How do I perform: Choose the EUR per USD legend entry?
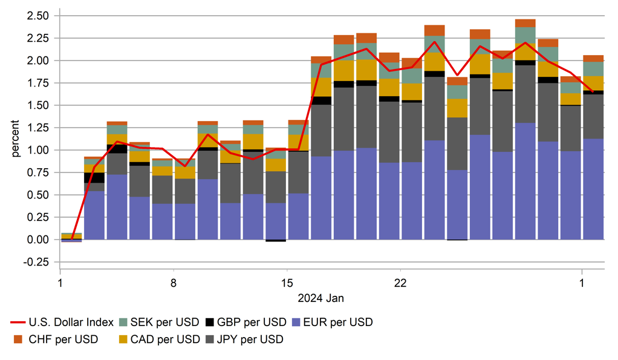(x=332, y=322)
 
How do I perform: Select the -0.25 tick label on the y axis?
(x=38, y=262)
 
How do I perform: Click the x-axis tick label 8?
(x=174, y=283)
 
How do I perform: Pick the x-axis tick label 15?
(x=287, y=283)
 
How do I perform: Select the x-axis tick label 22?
(x=400, y=283)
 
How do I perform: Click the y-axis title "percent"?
(x=16, y=139)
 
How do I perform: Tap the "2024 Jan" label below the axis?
(x=321, y=298)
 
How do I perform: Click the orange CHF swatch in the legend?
(x=18, y=339)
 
